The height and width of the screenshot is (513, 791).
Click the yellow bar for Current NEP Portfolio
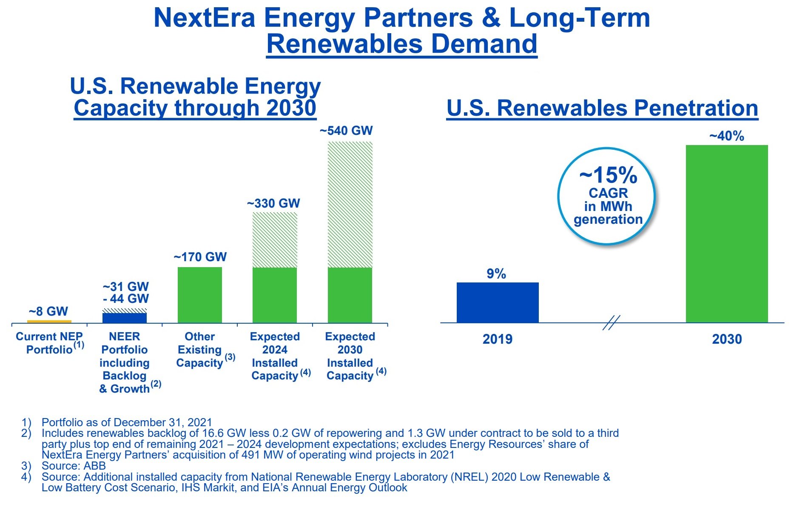[x=49, y=321]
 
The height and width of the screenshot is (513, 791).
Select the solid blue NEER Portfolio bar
[x=125, y=318]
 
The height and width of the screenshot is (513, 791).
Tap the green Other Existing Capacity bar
[x=199, y=295]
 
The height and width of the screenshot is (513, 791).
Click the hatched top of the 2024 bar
[x=275, y=239]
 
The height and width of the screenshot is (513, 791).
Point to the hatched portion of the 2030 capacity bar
[x=350, y=204]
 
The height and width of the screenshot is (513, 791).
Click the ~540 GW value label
[x=346, y=131]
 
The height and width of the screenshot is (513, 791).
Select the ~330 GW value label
[x=273, y=203]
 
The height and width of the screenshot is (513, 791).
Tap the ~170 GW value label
[x=200, y=257]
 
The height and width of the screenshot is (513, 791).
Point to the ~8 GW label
[x=48, y=311]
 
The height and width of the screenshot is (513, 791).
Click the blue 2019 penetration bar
[x=498, y=302]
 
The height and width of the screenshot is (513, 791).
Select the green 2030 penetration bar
[x=727, y=234]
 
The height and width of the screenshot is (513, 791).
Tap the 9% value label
[x=496, y=274]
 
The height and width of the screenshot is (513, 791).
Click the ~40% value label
[x=726, y=136]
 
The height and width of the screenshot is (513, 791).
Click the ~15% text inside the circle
[x=608, y=175]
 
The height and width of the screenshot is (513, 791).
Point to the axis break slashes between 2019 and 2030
[x=611, y=322]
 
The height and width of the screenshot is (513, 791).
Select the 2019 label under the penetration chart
[x=497, y=339]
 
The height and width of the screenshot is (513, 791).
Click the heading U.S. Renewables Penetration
[x=602, y=108]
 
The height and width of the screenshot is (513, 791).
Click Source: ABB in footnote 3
[x=74, y=466]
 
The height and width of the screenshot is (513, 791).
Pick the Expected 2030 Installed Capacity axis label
[x=350, y=356]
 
